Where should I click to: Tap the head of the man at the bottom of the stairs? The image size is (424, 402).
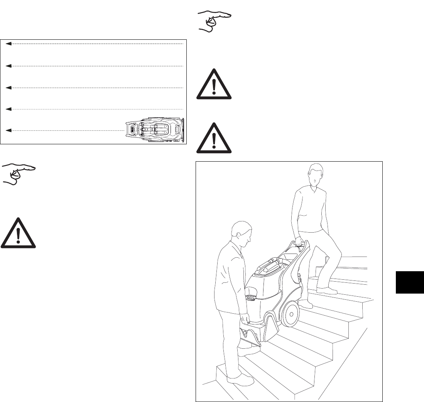239,235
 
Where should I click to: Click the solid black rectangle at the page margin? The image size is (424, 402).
409,282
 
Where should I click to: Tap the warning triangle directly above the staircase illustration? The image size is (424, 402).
214,139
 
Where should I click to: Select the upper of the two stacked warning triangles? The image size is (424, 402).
214,85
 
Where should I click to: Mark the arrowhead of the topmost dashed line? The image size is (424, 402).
9,44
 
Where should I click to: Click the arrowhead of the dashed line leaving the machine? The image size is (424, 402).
9,131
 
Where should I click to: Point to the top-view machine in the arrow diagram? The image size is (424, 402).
156,130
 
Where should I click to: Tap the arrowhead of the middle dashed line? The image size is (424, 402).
9,88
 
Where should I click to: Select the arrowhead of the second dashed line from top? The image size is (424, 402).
9,66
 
